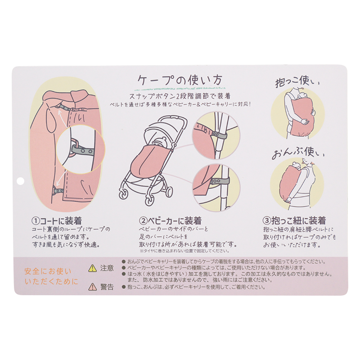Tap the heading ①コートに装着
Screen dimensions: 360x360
[56, 221]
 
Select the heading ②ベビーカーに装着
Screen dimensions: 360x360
[170, 221]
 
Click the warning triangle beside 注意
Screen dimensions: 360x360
[92, 268]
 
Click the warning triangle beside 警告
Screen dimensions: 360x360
[92, 286]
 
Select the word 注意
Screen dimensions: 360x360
[107, 268]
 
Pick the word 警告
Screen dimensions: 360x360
[107, 286]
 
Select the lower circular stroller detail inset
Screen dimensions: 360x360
[216, 185]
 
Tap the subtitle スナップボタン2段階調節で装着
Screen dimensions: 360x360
[180, 95]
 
